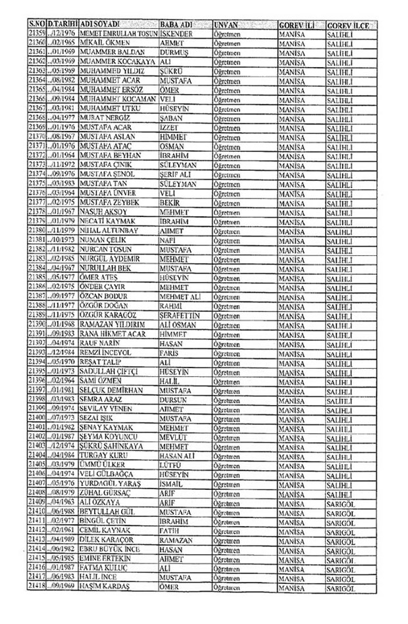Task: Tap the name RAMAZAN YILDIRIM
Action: [113, 325]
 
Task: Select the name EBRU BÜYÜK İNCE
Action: [112, 548]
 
